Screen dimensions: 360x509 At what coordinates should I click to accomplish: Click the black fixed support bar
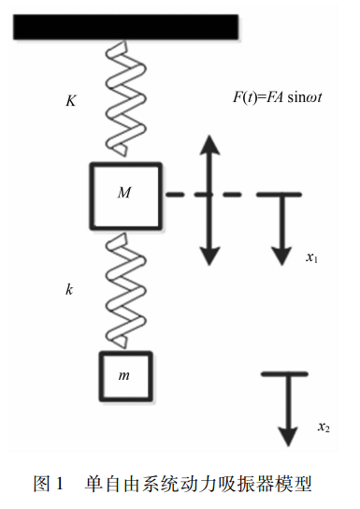point(126,27)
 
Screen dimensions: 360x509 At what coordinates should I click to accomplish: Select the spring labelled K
point(125,97)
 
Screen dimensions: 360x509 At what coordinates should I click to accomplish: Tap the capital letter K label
point(71,101)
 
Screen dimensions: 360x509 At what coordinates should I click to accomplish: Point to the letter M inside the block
point(124,193)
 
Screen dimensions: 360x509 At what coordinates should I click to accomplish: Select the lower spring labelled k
point(125,291)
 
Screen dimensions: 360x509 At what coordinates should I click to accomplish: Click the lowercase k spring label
point(69,289)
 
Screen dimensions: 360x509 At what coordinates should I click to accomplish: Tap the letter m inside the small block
point(123,375)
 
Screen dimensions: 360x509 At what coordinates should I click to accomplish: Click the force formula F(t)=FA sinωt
point(278,97)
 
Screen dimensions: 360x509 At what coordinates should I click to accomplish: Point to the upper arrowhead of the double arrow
point(209,145)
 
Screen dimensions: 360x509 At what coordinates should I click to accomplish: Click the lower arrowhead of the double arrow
point(209,256)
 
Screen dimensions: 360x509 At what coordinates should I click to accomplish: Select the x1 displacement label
point(311,257)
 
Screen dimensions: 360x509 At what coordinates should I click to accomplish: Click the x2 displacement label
point(324,427)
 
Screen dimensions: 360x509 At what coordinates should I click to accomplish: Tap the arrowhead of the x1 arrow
point(281,256)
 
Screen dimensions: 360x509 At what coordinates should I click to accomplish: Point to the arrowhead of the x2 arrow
point(288,437)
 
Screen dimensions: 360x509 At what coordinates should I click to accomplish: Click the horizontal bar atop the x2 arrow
point(284,374)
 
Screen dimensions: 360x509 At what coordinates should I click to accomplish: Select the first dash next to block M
point(175,195)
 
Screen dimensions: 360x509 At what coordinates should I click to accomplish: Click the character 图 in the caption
point(41,484)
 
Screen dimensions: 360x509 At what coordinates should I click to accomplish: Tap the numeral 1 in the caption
point(59,484)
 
